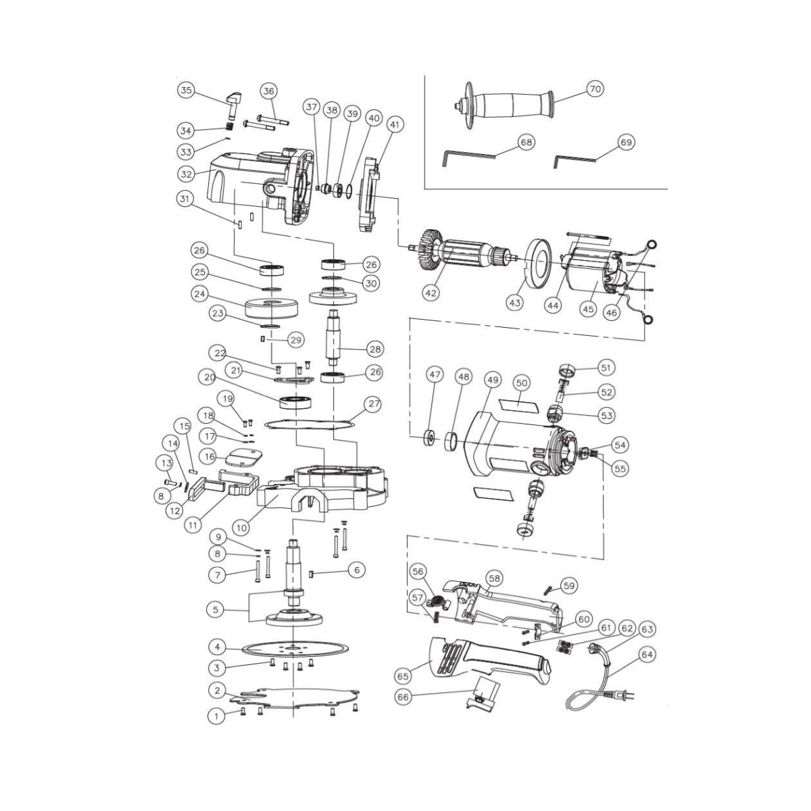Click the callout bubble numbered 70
coord(594,89)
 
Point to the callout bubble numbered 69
coord(626,143)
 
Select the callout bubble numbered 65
coord(403,675)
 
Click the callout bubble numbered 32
coord(187,174)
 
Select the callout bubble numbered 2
coord(216,691)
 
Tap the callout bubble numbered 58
coord(495,578)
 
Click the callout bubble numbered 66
coord(403,697)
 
